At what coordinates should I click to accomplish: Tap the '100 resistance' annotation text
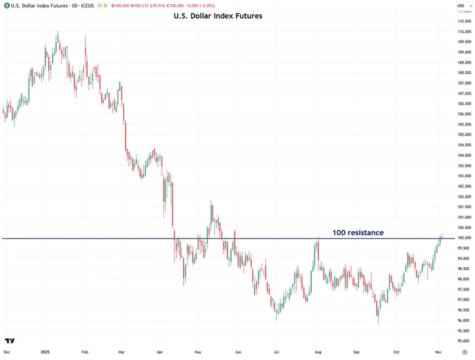coord(358,232)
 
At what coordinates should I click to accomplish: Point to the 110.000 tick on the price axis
coord(464,32)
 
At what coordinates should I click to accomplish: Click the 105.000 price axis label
coord(464,135)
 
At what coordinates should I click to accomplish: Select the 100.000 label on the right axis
coord(464,238)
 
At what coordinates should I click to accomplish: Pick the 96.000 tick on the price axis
coord(464,321)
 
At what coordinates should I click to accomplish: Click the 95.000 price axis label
coord(464,341)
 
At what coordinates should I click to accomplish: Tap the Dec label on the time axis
coord(6,353)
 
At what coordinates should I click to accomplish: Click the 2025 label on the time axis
coord(45,353)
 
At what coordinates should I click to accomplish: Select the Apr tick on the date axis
coord(160,353)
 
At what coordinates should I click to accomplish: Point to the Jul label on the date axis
coord(276,353)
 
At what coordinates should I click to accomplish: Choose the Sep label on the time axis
coord(357,353)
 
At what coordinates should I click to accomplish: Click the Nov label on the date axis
coord(438,353)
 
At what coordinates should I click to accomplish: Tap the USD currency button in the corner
coord(461,6)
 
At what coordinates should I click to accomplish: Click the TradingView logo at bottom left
coord(10,341)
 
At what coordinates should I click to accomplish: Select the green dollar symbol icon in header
coord(6,6)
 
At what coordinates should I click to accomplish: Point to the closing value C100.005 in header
coord(178,6)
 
